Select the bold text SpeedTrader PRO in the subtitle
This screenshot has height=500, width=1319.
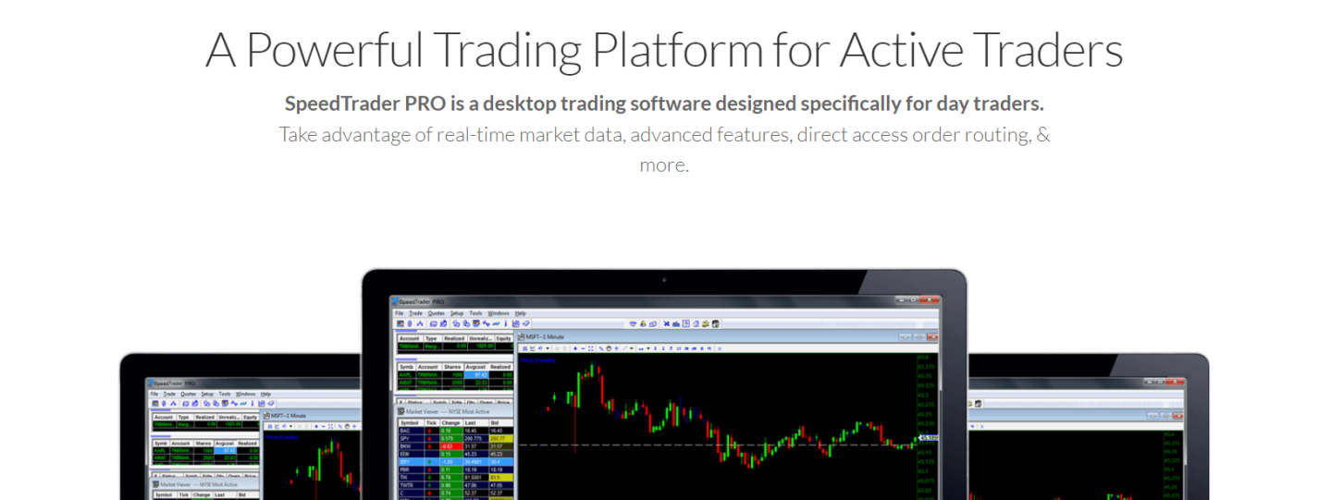tap(364, 104)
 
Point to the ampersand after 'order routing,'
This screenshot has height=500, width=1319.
tap(1043, 135)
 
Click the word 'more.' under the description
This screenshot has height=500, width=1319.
tap(664, 165)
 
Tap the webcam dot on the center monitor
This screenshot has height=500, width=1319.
tap(664, 279)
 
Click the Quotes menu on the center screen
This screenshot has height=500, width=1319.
tap(436, 313)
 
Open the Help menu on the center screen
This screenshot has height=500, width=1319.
tap(520, 313)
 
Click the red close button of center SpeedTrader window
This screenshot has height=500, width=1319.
tap(931, 301)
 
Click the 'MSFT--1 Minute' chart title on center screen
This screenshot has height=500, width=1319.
tap(547, 336)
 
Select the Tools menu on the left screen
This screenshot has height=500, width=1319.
tap(225, 394)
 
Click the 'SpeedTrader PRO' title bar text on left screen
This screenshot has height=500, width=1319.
tap(175, 383)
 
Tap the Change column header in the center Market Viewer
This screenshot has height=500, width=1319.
tap(451, 421)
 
